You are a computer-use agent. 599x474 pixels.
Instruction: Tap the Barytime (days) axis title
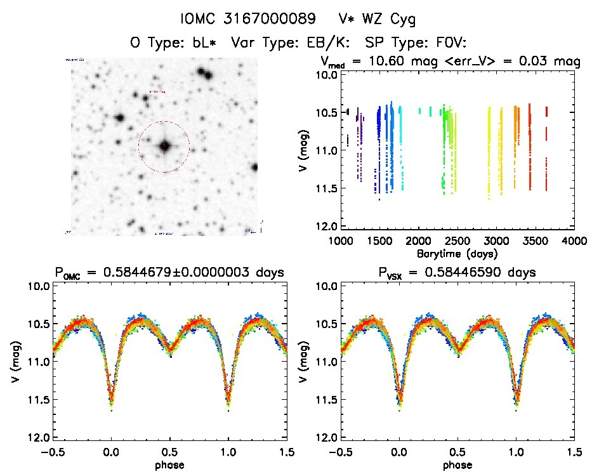pyautogui.click(x=457, y=253)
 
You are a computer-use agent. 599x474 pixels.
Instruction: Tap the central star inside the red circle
pyautogui.click(x=164, y=146)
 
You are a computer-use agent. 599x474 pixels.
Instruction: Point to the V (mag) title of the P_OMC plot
pyautogui.click(x=14, y=362)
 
